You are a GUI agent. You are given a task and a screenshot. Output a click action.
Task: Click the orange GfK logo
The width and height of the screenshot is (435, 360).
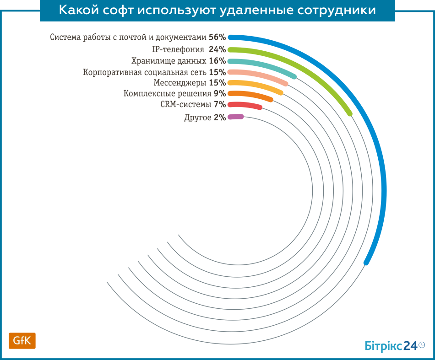(x=22, y=341)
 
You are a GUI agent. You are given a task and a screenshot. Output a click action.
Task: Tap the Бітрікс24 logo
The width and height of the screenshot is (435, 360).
(x=391, y=346)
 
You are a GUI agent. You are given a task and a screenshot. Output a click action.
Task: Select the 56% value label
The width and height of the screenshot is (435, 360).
(x=217, y=38)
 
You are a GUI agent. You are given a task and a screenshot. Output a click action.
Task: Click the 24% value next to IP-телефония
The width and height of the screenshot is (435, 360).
(x=217, y=49)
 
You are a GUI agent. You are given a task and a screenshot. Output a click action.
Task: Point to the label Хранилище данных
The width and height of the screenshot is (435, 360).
(x=165, y=61)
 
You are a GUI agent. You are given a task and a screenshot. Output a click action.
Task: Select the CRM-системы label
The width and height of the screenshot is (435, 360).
(x=186, y=105)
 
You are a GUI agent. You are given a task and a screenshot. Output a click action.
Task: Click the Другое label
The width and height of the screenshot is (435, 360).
(x=198, y=118)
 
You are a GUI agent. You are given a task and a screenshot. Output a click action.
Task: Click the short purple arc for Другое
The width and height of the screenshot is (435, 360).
(x=235, y=117)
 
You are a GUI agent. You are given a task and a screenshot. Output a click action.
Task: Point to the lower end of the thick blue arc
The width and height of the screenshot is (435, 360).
(x=366, y=263)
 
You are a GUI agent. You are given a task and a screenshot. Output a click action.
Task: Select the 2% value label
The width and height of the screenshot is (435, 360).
(x=220, y=118)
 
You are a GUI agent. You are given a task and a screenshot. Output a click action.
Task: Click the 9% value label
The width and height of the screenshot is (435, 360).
(x=220, y=94)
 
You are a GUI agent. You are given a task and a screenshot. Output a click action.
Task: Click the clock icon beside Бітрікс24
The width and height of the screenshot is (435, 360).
(x=422, y=345)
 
